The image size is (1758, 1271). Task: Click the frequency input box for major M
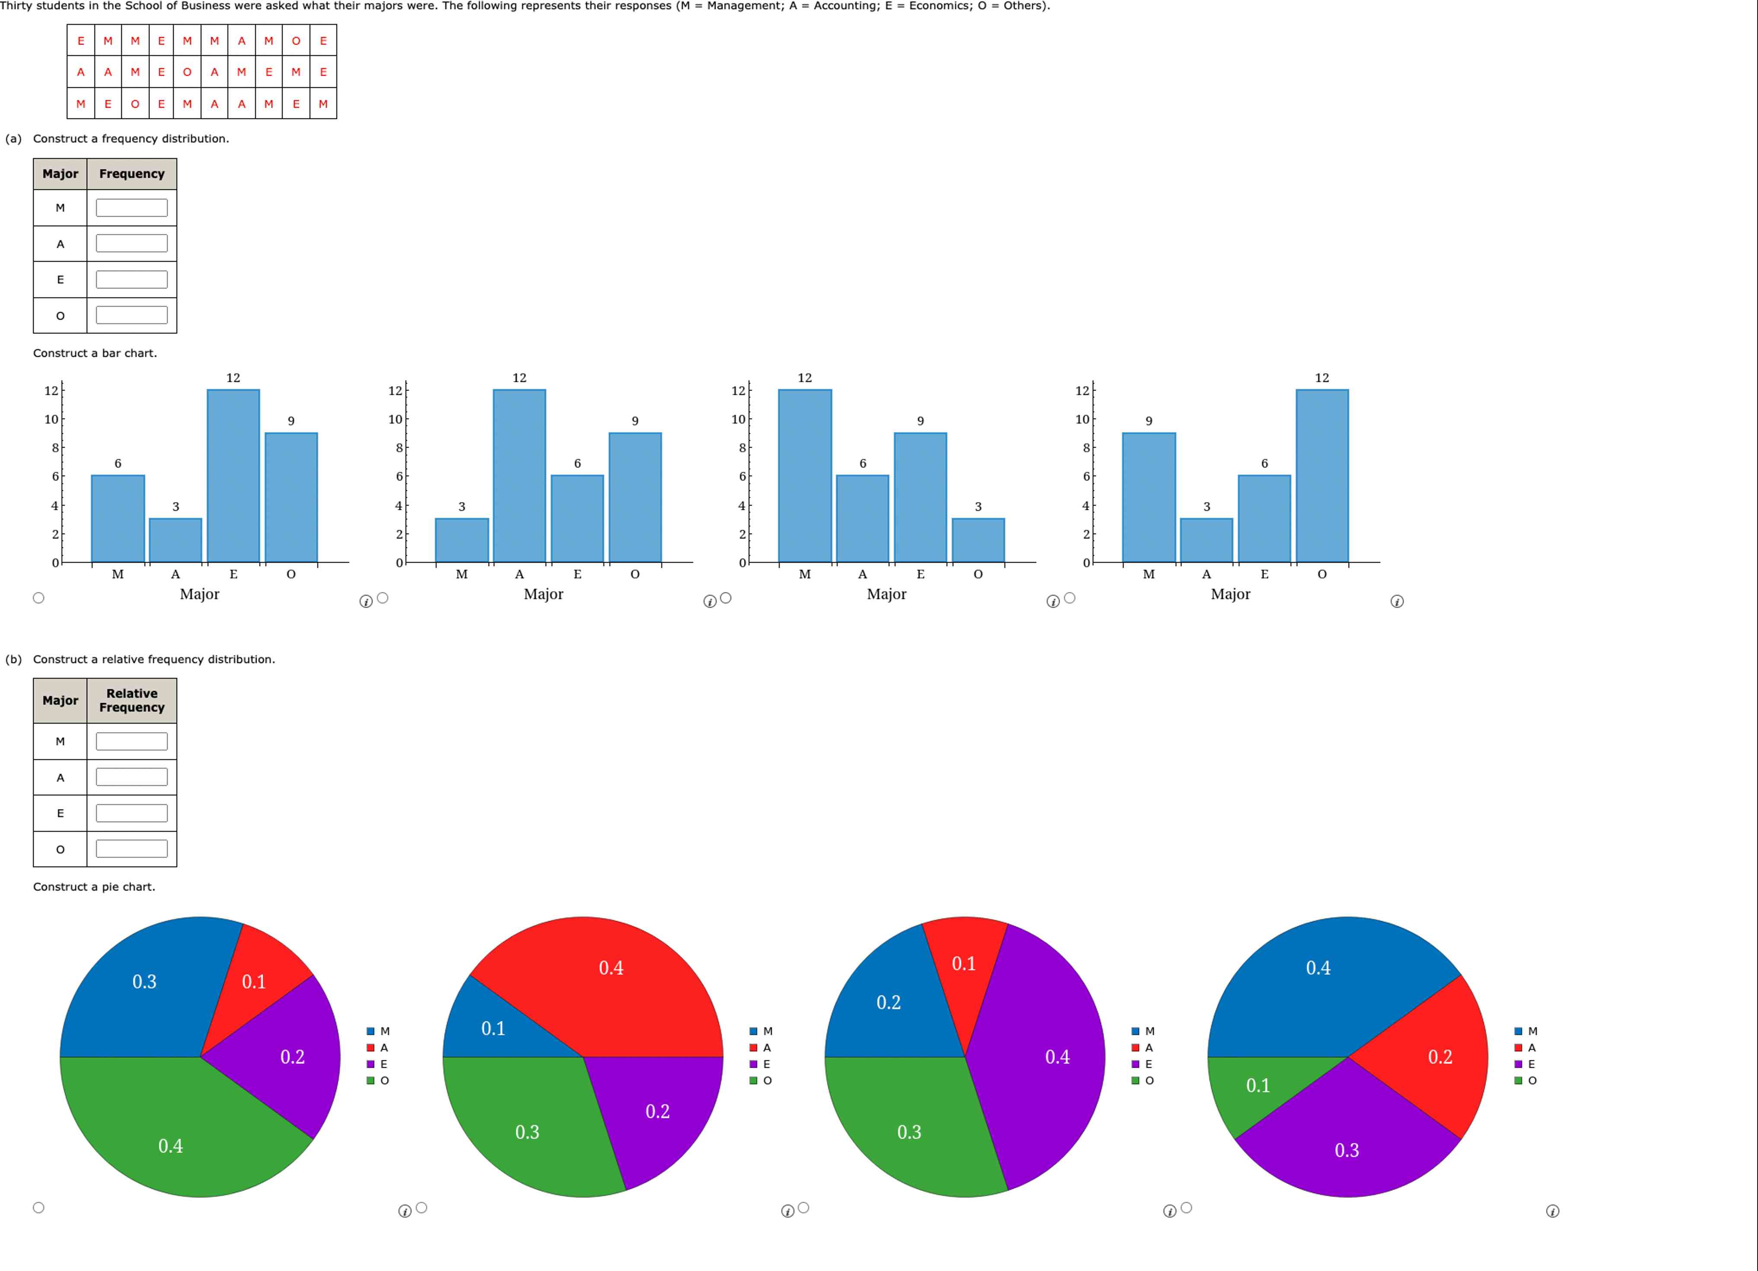(x=132, y=208)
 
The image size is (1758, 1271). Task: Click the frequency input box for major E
(x=132, y=280)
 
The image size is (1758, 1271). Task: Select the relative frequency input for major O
(x=132, y=849)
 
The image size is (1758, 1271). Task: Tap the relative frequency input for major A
(x=132, y=777)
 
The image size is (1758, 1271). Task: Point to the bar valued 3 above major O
(x=978, y=541)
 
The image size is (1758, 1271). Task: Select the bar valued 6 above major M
(x=118, y=519)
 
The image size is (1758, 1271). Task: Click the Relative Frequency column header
(x=132, y=700)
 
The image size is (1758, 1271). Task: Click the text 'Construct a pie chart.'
(x=94, y=887)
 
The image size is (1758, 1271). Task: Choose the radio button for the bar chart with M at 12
(x=726, y=598)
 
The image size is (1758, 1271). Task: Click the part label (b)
(x=13, y=659)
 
